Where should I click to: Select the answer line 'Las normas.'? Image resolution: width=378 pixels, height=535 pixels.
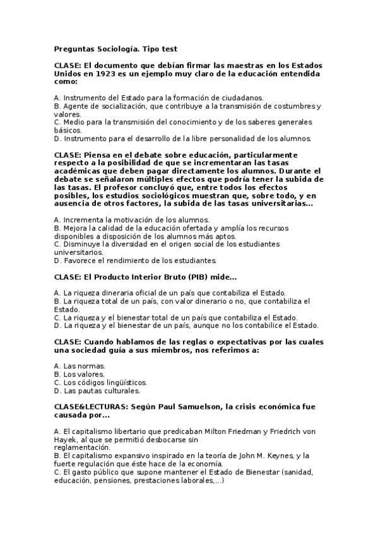[x=80, y=366]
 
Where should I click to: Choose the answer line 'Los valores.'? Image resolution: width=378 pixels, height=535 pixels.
[x=81, y=374]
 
